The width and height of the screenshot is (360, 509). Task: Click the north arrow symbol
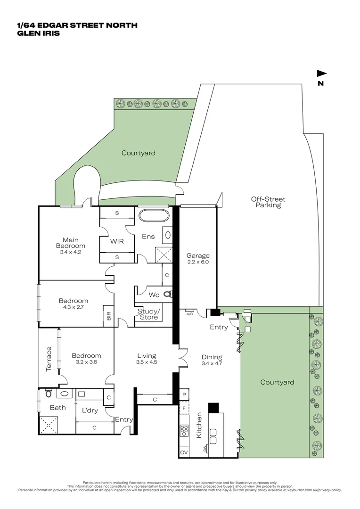pyautogui.click(x=321, y=74)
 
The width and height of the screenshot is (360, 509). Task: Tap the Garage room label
pyautogui.click(x=197, y=256)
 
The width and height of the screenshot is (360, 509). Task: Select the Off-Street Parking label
pyautogui.click(x=268, y=202)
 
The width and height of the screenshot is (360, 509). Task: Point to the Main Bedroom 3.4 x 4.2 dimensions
pyautogui.click(x=71, y=252)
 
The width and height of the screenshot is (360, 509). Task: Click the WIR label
pyautogui.click(x=117, y=241)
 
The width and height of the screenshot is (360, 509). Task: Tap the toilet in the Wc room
pyautogui.click(x=167, y=295)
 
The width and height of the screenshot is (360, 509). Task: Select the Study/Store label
pyautogui.click(x=148, y=314)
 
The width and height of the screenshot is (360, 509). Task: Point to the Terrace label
pyautogui.click(x=49, y=359)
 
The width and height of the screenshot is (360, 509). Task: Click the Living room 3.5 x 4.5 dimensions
pyautogui.click(x=147, y=362)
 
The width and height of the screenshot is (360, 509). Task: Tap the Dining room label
pyautogui.click(x=212, y=357)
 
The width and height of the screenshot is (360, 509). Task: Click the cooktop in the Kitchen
pyautogui.click(x=184, y=431)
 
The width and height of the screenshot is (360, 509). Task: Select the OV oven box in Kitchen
pyautogui.click(x=184, y=452)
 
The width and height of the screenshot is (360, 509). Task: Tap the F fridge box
pyautogui.click(x=184, y=407)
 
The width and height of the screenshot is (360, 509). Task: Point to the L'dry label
pyautogui.click(x=90, y=410)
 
